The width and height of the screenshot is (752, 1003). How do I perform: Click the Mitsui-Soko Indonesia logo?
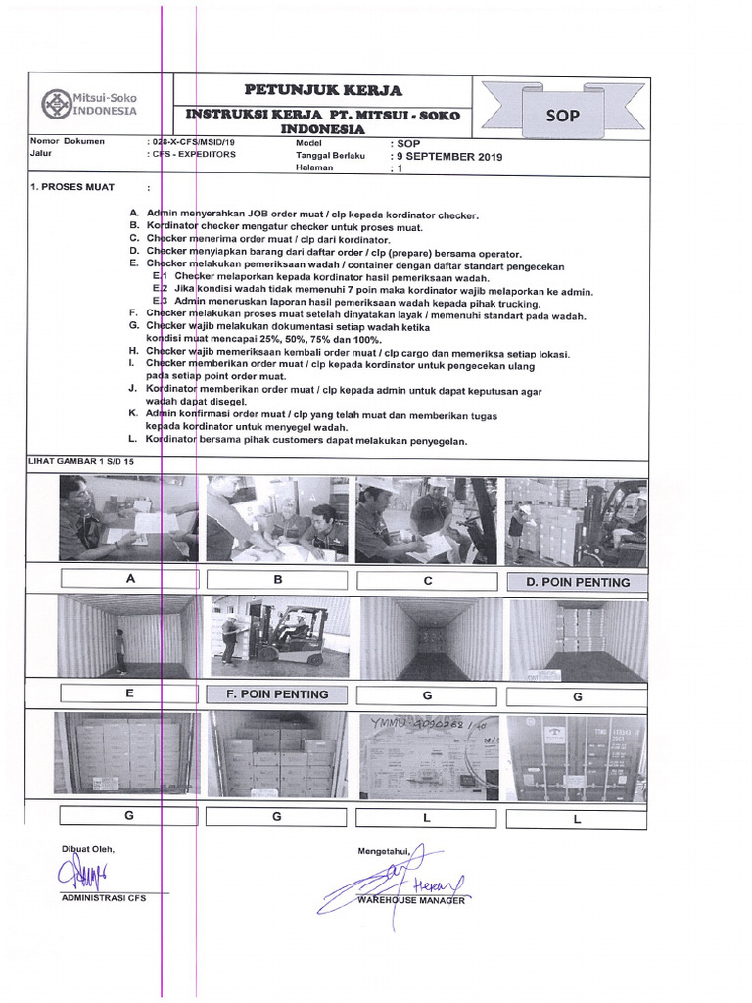pyautogui.click(x=89, y=104)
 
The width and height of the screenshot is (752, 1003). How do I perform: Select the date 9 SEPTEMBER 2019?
pyautogui.click(x=446, y=156)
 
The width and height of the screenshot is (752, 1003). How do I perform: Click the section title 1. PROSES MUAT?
pyautogui.click(x=73, y=187)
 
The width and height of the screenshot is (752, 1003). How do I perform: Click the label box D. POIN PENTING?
pyautogui.click(x=577, y=582)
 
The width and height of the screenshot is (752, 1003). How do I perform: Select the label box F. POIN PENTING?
pyautogui.click(x=279, y=693)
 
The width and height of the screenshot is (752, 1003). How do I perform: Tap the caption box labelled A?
pyautogui.click(x=130, y=579)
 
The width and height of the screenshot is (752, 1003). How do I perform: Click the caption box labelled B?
pyautogui.click(x=278, y=579)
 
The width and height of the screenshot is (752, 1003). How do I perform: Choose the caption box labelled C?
pyautogui.click(x=428, y=580)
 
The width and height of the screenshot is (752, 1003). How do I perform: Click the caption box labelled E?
pyautogui.click(x=130, y=693)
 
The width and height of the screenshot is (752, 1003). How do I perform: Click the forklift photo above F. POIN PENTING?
pyautogui.click(x=279, y=637)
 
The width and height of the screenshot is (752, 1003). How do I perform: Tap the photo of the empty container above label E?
pyautogui.click(x=126, y=637)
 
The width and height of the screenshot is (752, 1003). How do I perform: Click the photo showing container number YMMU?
pyautogui.click(x=429, y=755)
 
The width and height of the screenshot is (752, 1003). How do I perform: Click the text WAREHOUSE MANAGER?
pyautogui.click(x=411, y=899)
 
